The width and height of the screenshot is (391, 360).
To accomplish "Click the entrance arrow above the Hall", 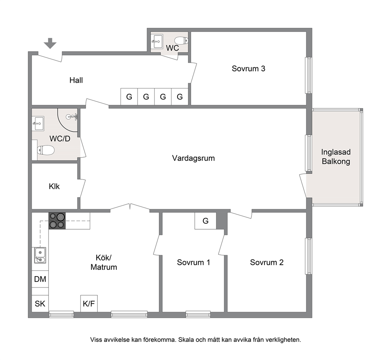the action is pos(50,43).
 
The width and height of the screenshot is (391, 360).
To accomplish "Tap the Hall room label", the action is pos(76,80).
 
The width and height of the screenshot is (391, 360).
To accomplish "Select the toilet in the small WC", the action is pos(181,40).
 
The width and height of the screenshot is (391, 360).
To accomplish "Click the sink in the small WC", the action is pos(157,41).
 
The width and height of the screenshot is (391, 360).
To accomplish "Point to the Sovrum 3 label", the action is pos(248,69).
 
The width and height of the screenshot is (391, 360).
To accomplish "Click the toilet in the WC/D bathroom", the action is pos(46,150).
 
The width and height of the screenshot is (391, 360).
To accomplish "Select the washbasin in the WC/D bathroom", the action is pos(38,123).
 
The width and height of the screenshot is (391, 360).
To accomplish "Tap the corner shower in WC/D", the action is pos(67,120).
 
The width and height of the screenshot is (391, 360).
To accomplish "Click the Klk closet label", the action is pos(54,186).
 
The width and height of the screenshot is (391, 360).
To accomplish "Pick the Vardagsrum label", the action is pos(193,158).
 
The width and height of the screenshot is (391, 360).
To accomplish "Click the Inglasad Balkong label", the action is pos(336,157).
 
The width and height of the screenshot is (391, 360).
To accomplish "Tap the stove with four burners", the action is pos(57,221).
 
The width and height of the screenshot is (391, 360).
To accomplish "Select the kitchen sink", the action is pos(40,255).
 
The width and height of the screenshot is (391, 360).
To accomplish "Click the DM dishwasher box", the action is pos(40,279).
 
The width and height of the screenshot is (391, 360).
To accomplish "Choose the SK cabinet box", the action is pos(40,303).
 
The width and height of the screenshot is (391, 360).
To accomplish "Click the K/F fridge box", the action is pos(89,303).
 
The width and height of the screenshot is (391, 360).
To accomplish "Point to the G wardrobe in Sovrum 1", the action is pos(205,221).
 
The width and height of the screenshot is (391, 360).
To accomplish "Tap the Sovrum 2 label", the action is pos(267,262).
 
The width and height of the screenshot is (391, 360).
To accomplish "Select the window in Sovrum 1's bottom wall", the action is pos(198,314).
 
